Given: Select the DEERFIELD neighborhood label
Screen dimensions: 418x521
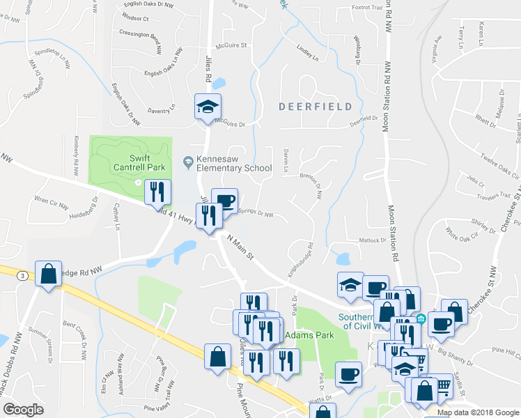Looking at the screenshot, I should coord(311,107).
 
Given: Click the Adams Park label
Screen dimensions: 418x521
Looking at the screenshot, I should coord(309,335).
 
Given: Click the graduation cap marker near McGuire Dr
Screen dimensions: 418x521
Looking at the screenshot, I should coord(207,107).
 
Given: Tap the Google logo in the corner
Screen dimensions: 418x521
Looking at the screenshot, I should coord(22,410).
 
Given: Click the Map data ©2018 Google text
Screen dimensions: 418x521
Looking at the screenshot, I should coord(478,412).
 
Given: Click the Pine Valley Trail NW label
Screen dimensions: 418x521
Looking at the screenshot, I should coord(169,406).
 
